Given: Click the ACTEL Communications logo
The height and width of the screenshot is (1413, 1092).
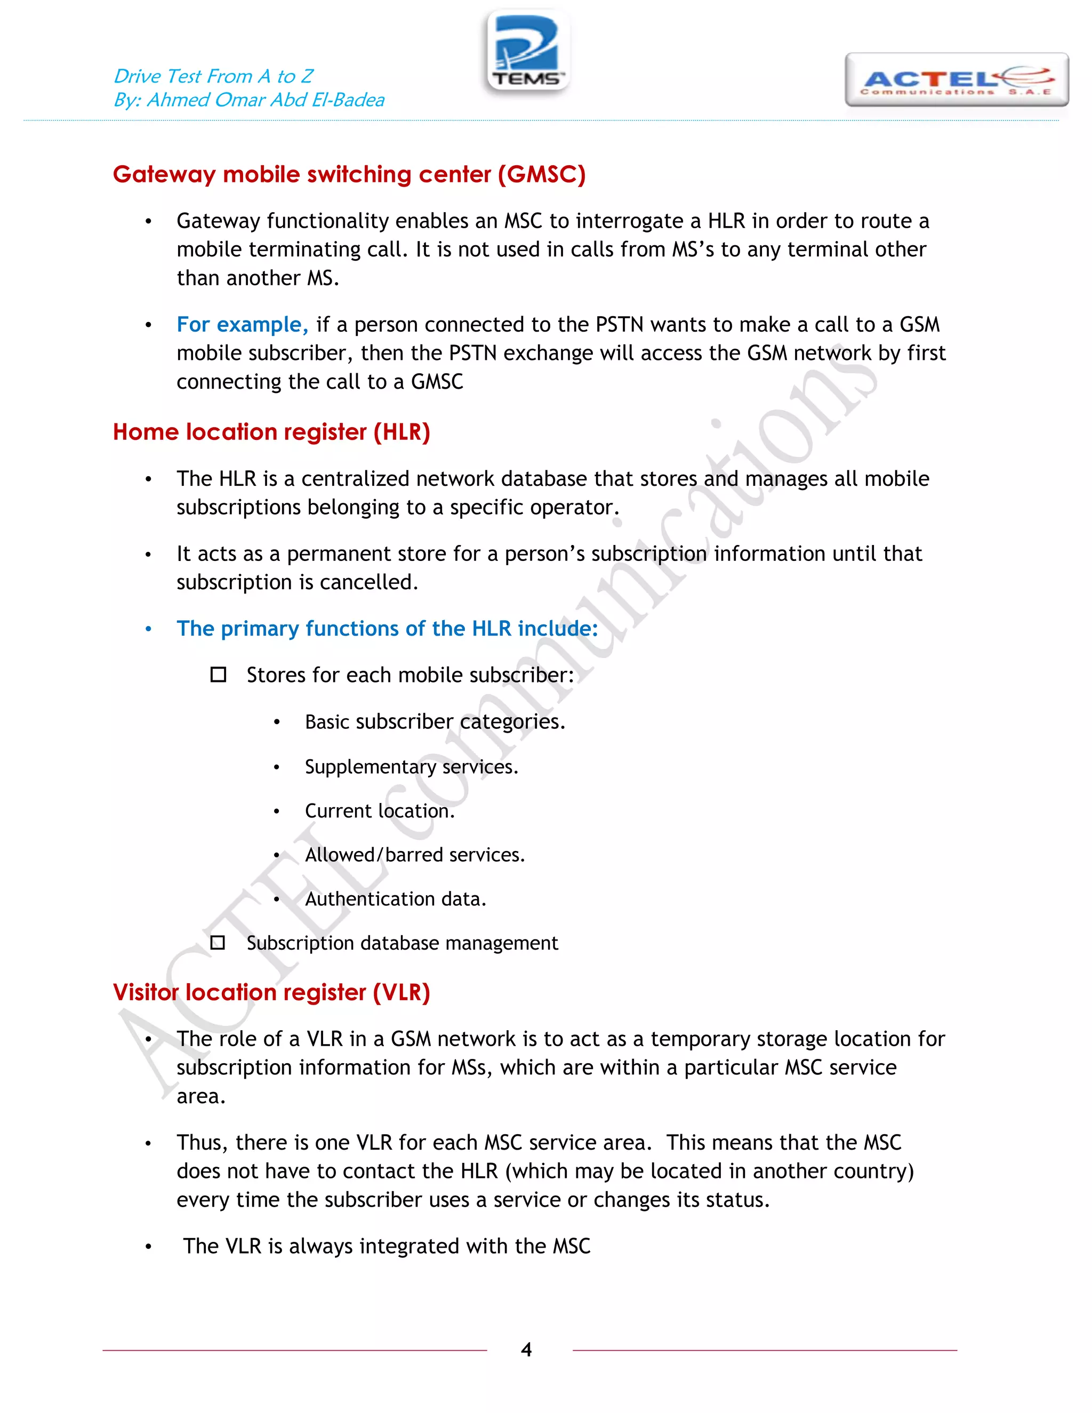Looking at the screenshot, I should [956, 80].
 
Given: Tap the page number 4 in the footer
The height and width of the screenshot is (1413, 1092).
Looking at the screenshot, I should [526, 1349].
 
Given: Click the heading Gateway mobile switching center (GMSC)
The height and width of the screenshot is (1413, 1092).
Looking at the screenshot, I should [349, 175].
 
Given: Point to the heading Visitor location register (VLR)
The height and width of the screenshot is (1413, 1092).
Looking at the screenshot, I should [271, 992].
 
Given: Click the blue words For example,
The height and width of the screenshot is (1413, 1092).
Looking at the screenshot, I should [243, 324].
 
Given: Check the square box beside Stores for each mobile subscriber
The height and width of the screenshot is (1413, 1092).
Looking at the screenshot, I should [219, 675].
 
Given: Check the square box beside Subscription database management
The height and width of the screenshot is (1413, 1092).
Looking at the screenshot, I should [218, 943].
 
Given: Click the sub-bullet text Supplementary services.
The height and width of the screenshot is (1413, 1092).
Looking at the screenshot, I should [412, 767].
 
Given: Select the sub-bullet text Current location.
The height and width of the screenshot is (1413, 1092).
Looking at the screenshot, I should [380, 810].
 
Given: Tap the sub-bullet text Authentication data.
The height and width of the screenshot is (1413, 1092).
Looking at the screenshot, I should [395, 898].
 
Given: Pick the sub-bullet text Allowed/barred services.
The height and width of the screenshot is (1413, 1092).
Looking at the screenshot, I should [415, 855].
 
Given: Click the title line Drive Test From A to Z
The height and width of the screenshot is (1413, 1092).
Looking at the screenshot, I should [213, 76].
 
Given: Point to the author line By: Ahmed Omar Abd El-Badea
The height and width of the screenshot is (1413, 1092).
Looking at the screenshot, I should [248, 100].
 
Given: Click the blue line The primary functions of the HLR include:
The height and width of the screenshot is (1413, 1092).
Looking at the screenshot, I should [387, 628].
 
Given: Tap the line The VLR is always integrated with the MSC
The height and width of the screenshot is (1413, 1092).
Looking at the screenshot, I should [386, 1246].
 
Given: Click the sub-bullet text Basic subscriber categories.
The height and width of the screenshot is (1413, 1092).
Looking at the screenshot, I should [435, 721].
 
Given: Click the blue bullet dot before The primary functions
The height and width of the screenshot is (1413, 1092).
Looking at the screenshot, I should [148, 629].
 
